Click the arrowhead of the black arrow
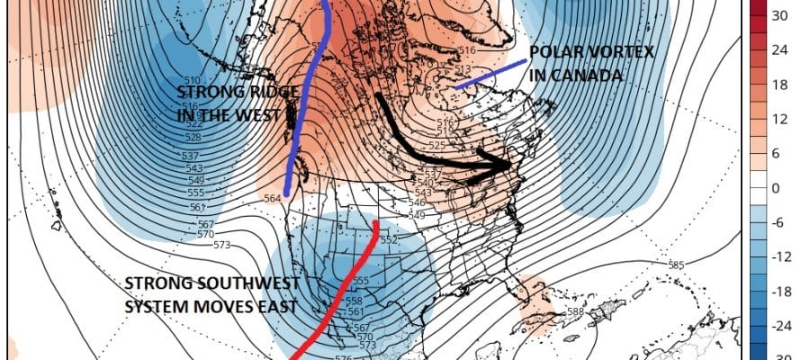click(504, 165)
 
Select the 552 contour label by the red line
click(388, 240)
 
